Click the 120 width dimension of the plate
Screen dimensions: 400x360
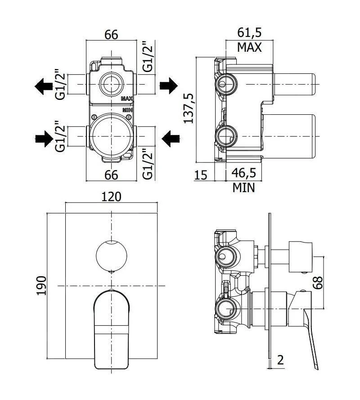111,198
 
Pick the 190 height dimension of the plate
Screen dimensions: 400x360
41,285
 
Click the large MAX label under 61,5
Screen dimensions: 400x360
249,47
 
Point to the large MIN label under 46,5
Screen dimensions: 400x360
243,188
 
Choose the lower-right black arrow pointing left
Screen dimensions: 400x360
169,139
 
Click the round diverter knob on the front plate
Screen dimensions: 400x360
111,255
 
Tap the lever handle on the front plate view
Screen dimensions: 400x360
111,328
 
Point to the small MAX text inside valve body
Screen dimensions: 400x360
126,99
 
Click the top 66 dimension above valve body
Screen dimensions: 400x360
111,35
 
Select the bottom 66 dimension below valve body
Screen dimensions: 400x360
111,175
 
